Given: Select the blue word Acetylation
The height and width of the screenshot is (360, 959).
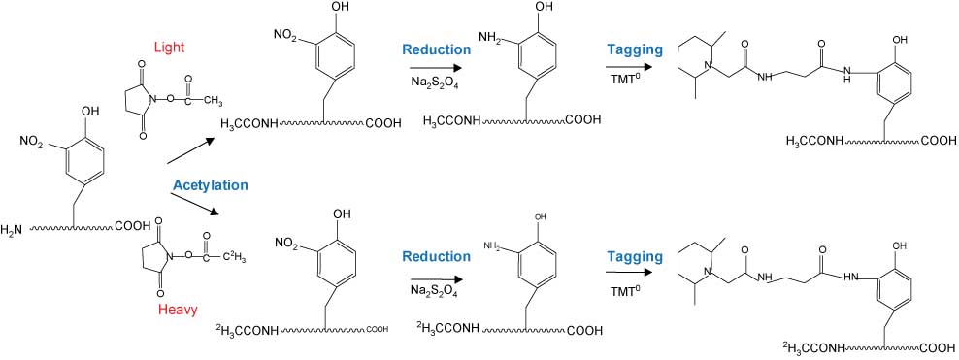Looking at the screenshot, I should tap(211, 184).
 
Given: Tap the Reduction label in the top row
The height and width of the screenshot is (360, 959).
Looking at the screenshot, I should tap(435, 49).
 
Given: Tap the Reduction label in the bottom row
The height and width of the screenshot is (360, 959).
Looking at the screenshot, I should tap(435, 258).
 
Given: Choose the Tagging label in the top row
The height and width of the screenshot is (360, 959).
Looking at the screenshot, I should tap(635, 49).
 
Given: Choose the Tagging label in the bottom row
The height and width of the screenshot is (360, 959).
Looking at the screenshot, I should tap(635, 257).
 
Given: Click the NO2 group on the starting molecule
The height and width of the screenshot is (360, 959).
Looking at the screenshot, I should tap(31, 142).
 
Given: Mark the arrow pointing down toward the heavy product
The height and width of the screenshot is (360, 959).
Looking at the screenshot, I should tap(192, 202).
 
